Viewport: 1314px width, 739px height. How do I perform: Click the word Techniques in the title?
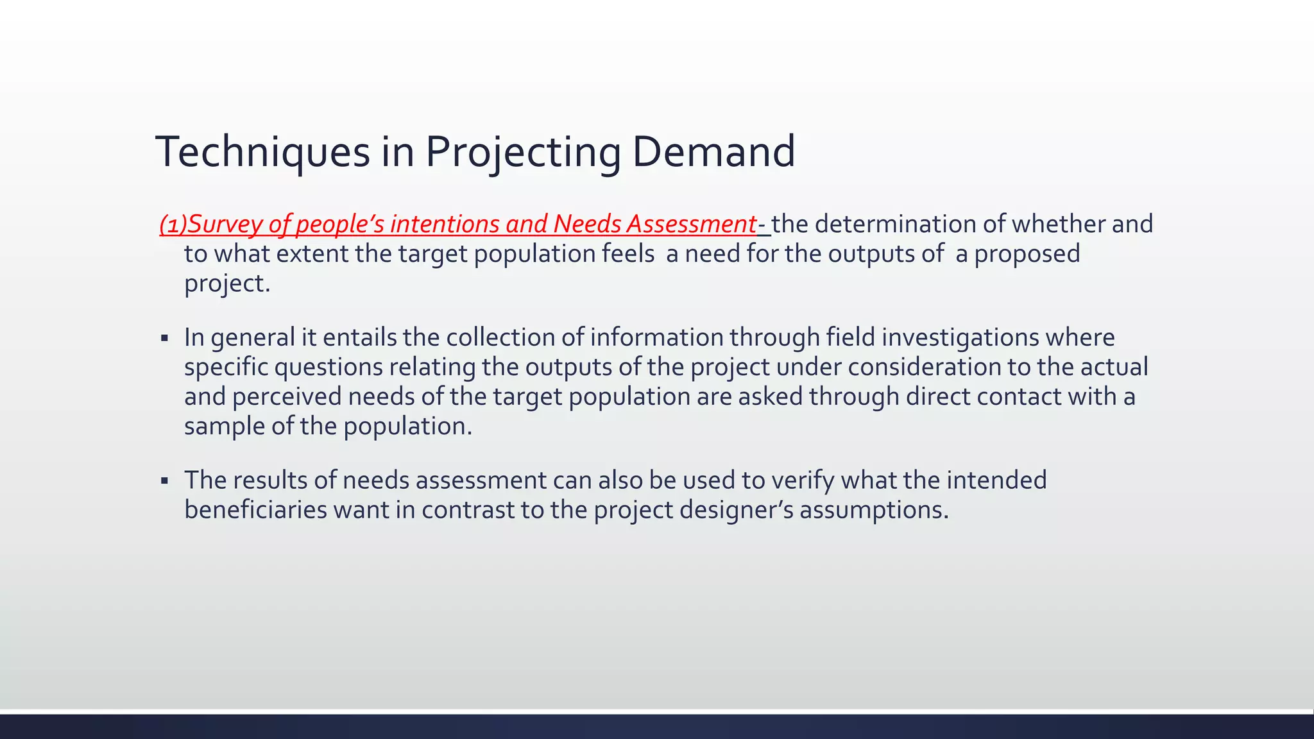coord(262,153)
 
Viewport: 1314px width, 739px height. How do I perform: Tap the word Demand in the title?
coord(713,153)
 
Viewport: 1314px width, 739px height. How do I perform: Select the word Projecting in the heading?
coord(523,153)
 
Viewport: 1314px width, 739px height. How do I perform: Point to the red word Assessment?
coord(692,225)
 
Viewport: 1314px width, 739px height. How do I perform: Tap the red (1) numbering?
coord(173,225)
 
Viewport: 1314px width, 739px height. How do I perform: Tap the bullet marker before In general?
coord(165,338)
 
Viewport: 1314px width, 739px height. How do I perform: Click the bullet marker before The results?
coord(165,480)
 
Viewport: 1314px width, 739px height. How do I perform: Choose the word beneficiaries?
coord(255,511)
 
